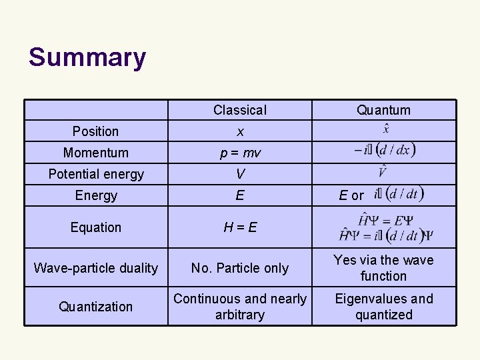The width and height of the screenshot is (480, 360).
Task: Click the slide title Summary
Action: click(x=87, y=57)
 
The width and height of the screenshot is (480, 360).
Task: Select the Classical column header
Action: click(x=239, y=110)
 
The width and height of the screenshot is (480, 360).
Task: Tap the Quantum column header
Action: click(x=383, y=110)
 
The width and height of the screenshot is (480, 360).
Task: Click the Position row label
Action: click(x=96, y=131)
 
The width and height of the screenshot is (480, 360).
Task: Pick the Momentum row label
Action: click(x=96, y=153)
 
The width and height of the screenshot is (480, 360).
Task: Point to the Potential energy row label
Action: click(x=96, y=174)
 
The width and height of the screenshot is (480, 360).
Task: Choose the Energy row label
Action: click(x=96, y=195)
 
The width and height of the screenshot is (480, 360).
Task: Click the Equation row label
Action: click(x=96, y=227)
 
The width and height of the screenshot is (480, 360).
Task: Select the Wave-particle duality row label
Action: click(x=96, y=268)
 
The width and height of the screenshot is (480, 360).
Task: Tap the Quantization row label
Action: click(x=96, y=307)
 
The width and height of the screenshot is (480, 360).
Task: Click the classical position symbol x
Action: click(x=239, y=132)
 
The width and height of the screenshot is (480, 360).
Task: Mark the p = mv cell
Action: click(x=240, y=153)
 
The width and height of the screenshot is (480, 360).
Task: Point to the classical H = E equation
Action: click(x=240, y=227)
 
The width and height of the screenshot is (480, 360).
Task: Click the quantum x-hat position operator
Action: click(x=387, y=129)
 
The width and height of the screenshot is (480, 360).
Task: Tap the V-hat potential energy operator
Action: click(x=383, y=171)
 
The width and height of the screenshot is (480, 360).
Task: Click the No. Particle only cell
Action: click(x=239, y=268)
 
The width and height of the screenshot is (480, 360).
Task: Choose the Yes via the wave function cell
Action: click(x=383, y=268)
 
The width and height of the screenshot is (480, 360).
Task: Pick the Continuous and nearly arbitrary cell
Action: click(x=239, y=307)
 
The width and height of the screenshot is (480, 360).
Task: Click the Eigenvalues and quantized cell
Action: click(x=383, y=307)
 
